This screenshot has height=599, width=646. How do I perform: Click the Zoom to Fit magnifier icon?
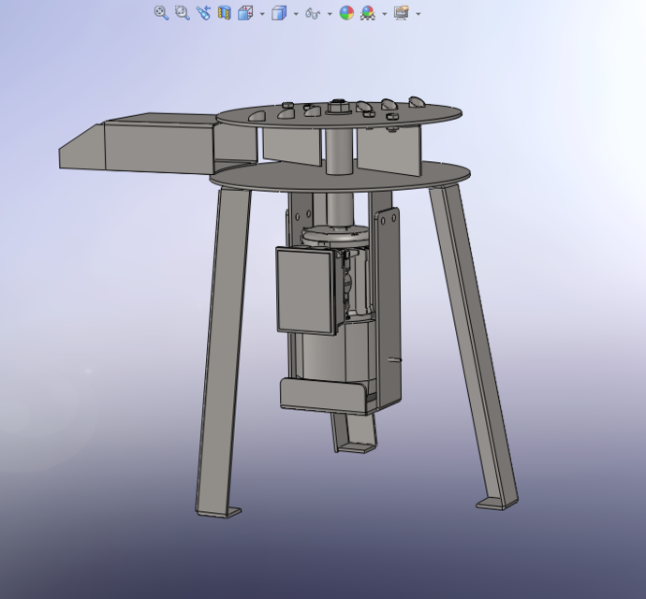tap(161, 13)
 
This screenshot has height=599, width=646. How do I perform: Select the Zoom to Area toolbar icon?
tap(182, 13)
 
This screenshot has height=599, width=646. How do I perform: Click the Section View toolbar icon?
tap(225, 13)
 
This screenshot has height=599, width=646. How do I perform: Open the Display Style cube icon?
tap(278, 13)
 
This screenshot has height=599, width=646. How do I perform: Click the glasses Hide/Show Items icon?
tap(313, 13)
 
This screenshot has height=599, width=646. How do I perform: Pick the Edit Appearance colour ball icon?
tap(346, 13)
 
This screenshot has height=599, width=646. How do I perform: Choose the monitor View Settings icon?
tap(402, 13)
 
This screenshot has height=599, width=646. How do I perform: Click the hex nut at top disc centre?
tap(337, 108)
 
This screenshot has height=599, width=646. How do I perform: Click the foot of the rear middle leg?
tap(355, 447)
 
